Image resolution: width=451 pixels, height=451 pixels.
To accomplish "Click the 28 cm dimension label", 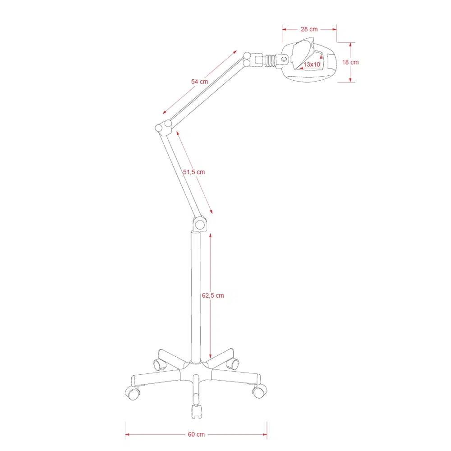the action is point(309,29).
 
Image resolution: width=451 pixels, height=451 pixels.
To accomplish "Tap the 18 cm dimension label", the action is point(350,62).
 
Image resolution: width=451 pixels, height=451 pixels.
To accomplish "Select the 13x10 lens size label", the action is point(312,64).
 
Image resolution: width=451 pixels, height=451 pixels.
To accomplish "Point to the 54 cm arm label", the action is point(199,82).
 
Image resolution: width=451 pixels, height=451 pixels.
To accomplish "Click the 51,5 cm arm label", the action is point(194,172).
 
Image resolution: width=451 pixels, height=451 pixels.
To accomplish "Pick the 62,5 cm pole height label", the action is point(213,295).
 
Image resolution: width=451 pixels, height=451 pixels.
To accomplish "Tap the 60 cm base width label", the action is point(196,434).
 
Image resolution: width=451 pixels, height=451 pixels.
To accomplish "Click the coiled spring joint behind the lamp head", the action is point(270,61).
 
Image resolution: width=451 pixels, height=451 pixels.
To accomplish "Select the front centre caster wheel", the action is point(197,411).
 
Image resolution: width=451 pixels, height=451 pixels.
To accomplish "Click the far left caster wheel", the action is point(133,393).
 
